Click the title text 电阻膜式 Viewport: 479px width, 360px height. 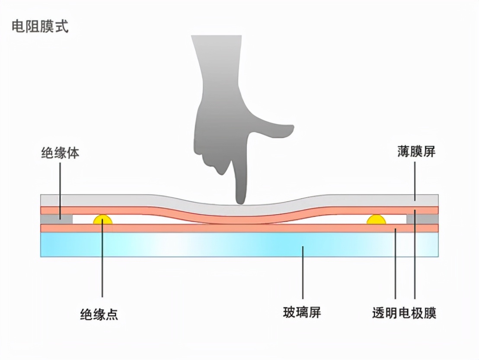(40, 27)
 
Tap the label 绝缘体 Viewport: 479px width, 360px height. (60, 153)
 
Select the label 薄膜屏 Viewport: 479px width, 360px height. (416, 151)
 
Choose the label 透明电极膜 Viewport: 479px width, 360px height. (404, 312)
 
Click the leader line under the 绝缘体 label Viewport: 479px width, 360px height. (60, 182)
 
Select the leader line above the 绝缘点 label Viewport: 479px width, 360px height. (102, 260)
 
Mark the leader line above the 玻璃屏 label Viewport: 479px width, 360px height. (302, 273)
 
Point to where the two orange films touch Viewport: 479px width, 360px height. (240, 223)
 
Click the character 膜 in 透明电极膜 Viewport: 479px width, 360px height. (430, 312)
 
